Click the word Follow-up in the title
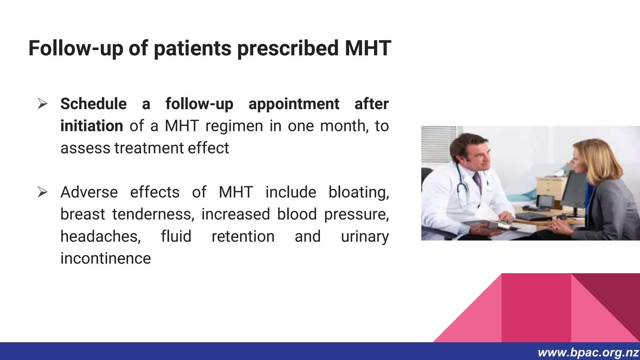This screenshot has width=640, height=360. pos(75,48)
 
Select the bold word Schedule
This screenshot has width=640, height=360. pos(93,104)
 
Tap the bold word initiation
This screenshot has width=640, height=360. pos(92,126)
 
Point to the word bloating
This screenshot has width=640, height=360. pos(358,192)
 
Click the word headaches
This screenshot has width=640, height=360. pos(100,236)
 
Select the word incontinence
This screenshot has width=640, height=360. pos(106,258)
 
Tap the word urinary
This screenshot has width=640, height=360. pos(365,236)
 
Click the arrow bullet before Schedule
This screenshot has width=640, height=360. pos(42,104)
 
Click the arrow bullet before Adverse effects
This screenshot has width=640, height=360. pos(42,192)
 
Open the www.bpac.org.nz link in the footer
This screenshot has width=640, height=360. pos(588,353)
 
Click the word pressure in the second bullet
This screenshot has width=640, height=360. pos(356,214)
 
